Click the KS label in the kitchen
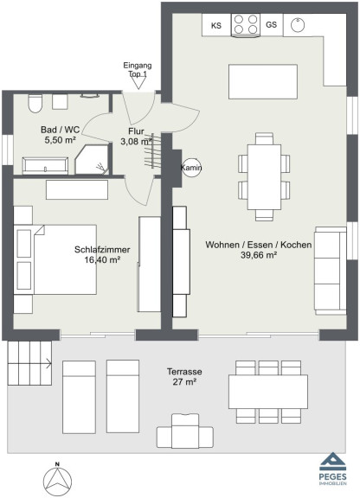[x=216, y=25]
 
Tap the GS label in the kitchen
[x=271, y=24]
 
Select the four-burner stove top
[x=246, y=24]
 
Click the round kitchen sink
[x=298, y=25]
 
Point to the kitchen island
[x=263, y=81]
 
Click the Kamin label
[x=191, y=168]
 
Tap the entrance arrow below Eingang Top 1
[x=138, y=83]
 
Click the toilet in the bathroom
[x=35, y=103]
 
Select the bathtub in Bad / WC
[x=45, y=165]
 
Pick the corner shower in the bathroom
[x=93, y=159]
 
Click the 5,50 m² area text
[x=60, y=140]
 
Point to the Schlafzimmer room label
[x=102, y=250]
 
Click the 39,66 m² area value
[x=258, y=255]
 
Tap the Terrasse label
[x=184, y=371]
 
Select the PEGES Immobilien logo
[x=332, y=469]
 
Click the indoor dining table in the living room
[x=264, y=177]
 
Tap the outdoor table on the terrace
[x=268, y=392]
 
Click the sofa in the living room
[x=331, y=271]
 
